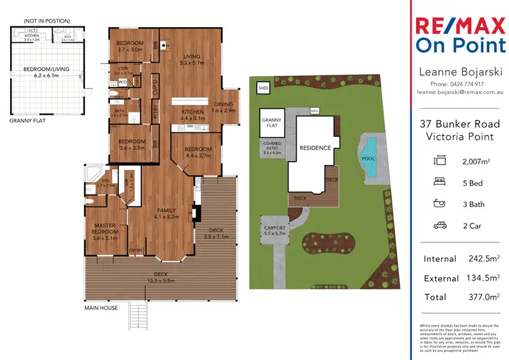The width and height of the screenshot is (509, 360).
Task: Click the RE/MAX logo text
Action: [x=461, y=26]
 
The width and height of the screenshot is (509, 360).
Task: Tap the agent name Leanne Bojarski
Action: [x=461, y=71]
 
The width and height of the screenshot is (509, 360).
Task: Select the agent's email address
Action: [x=461, y=91]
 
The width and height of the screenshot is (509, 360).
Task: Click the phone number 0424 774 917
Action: [x=469, y=84]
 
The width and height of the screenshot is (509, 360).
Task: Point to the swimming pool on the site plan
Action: [x=369, y=158]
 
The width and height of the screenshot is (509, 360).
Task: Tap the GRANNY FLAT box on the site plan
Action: [x=271, y=123]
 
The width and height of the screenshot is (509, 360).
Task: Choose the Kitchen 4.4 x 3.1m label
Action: [x=193, y=115]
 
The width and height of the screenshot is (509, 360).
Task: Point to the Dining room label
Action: [x=223, y=107]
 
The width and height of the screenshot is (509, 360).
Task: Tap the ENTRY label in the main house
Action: [x=136, y=249]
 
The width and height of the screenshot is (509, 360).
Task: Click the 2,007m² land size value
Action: [x=476, y=161]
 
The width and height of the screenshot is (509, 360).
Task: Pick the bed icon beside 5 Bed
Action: [x=439, y=182]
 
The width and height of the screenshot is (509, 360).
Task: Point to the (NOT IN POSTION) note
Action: [x=47, y=21]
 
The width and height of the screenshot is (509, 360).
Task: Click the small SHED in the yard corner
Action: [x=263, y=88]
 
